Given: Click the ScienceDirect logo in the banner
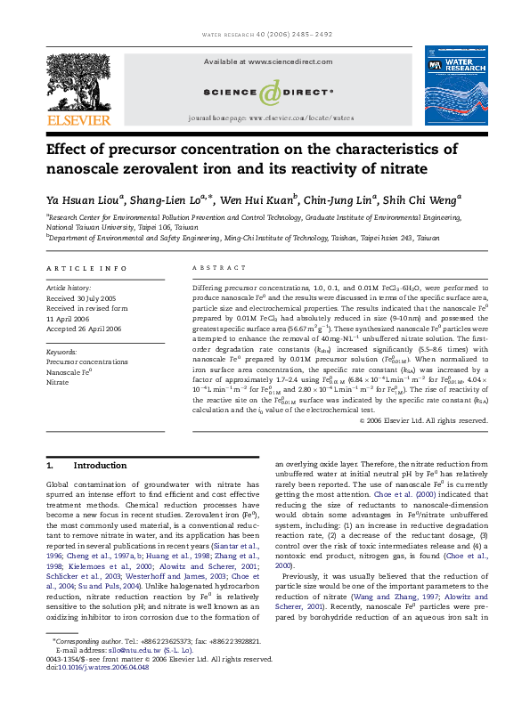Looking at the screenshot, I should tap(268, 91).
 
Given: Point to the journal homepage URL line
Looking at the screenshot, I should tap(271, 118).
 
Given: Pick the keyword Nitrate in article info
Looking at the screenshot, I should tap(59, 382).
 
